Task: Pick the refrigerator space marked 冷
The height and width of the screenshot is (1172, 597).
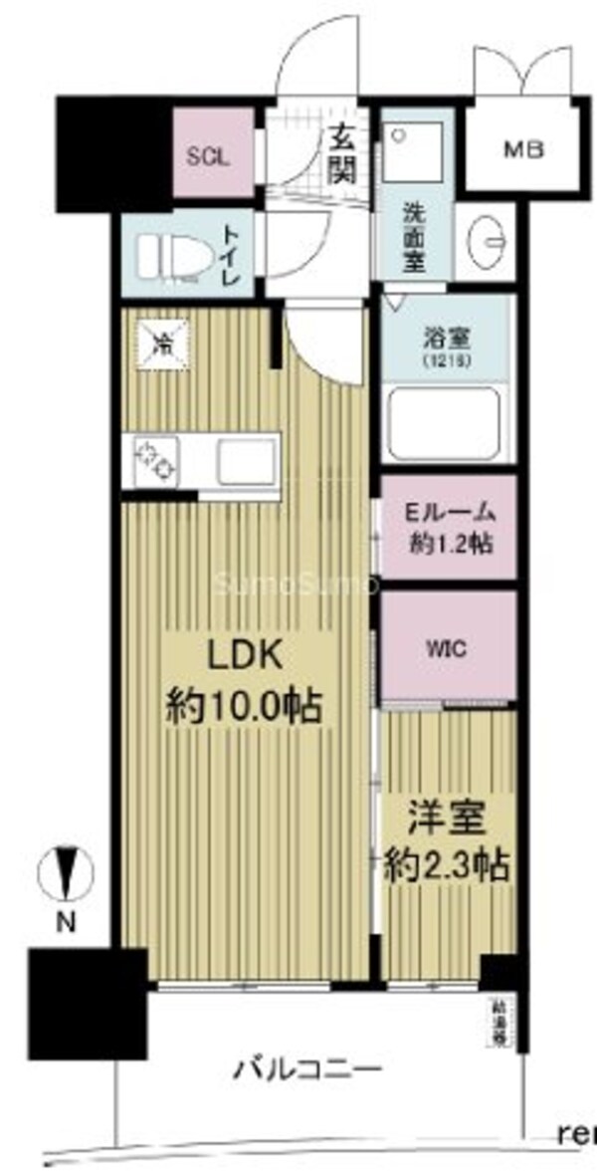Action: [159, 345]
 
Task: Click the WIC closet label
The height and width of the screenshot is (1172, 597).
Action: [447, 647]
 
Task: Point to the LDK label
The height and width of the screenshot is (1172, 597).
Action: [245, 657]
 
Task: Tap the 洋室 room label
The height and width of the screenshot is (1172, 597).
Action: [447, 820]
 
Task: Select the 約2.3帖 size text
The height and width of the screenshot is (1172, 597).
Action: [447, 864]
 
